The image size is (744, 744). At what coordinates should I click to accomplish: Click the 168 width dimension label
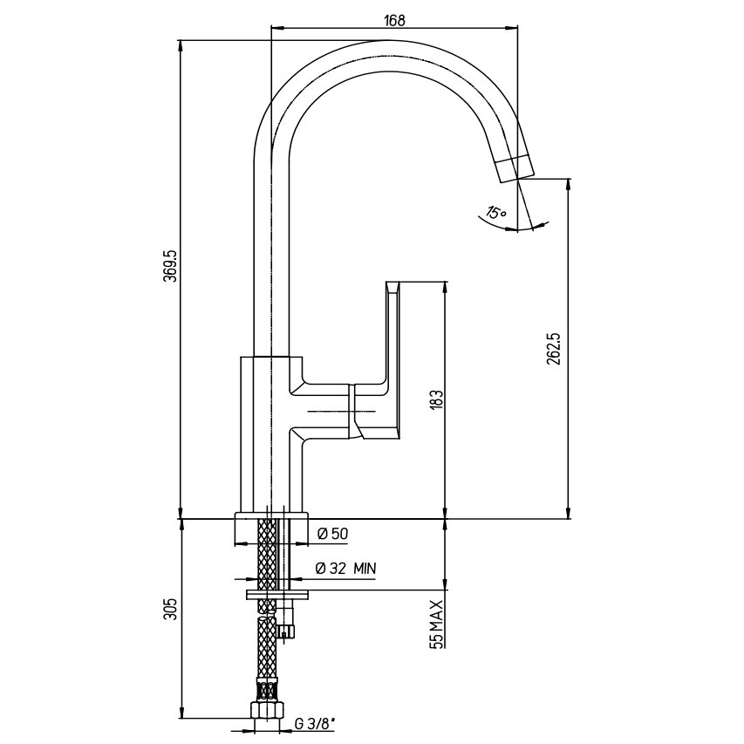tap(394, 20)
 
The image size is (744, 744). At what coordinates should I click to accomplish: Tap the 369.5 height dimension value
tap(170, 266)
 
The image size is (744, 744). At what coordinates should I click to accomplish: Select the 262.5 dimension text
tap(553, 349)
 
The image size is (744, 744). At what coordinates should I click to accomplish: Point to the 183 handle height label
tap(437, 399)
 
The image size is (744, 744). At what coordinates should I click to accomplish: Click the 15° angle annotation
tap(495, 212)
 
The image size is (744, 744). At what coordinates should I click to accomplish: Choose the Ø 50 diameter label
tap(332, 534)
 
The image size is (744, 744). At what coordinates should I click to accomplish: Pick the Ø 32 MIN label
tap(345, 568)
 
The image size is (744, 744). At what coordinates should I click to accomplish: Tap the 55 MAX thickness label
tap(437, 624)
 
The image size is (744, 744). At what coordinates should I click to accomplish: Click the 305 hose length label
tap(170, 609)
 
